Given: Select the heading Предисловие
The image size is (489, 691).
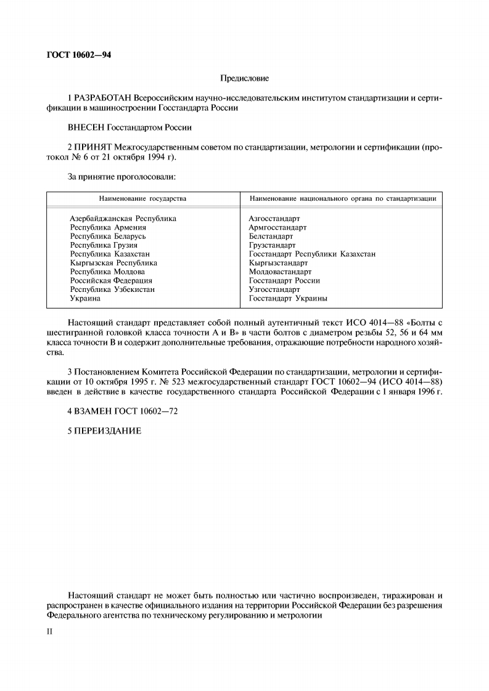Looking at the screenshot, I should pyautogui.click(x=244, y=78).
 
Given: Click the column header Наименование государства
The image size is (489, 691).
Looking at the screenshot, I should pyautogui.click(x=142, y=198).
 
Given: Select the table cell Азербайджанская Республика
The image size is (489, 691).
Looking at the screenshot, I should pyautogui.click(x=123, y=219).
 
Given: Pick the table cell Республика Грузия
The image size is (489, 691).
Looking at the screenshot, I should pyautogui.click(x=104, y=245).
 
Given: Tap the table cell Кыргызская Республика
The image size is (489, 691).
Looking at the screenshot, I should pyautogui.click(x=113, y=263).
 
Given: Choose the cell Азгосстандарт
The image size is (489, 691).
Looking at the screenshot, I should pyautogui.click(x=274, y=219).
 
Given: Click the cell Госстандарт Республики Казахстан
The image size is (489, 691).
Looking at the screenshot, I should pyautogui.click(x=312, y=254).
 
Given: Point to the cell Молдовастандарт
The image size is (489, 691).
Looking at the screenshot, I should pyautogui.click(x=280, y=272).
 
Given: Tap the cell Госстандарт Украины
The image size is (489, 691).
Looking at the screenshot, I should pyautogui.click(x=288, y=298).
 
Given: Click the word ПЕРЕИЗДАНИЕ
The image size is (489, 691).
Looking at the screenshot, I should pyautogui.click(x=108, y=430).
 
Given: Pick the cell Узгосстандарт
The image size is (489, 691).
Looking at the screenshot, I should pyautogui.click(x=274, y=289).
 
